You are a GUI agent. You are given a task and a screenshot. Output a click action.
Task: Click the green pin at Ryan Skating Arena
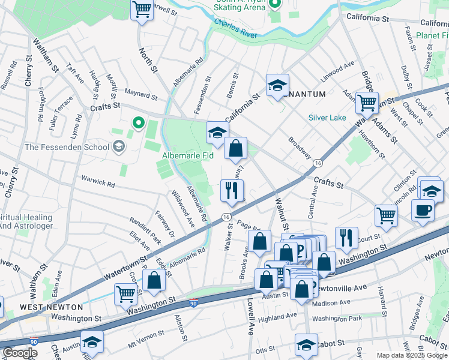pos(274,5)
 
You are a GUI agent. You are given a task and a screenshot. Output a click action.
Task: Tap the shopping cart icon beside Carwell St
pos(142,10)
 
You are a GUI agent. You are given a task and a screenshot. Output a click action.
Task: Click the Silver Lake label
pos(328,118)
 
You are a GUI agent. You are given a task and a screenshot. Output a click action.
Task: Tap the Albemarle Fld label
pos(188,155)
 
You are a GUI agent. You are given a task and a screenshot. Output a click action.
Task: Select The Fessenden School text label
pos(67,147)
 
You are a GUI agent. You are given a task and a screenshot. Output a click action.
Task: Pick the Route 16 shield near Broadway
pos(317,163)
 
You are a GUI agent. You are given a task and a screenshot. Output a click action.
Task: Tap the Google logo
pos(19,353)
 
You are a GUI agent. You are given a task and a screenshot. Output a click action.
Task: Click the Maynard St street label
pos(140,94)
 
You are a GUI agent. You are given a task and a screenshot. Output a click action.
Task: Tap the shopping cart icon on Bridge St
pos(367,103)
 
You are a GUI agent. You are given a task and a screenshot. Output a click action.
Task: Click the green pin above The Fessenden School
pos(138,124)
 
